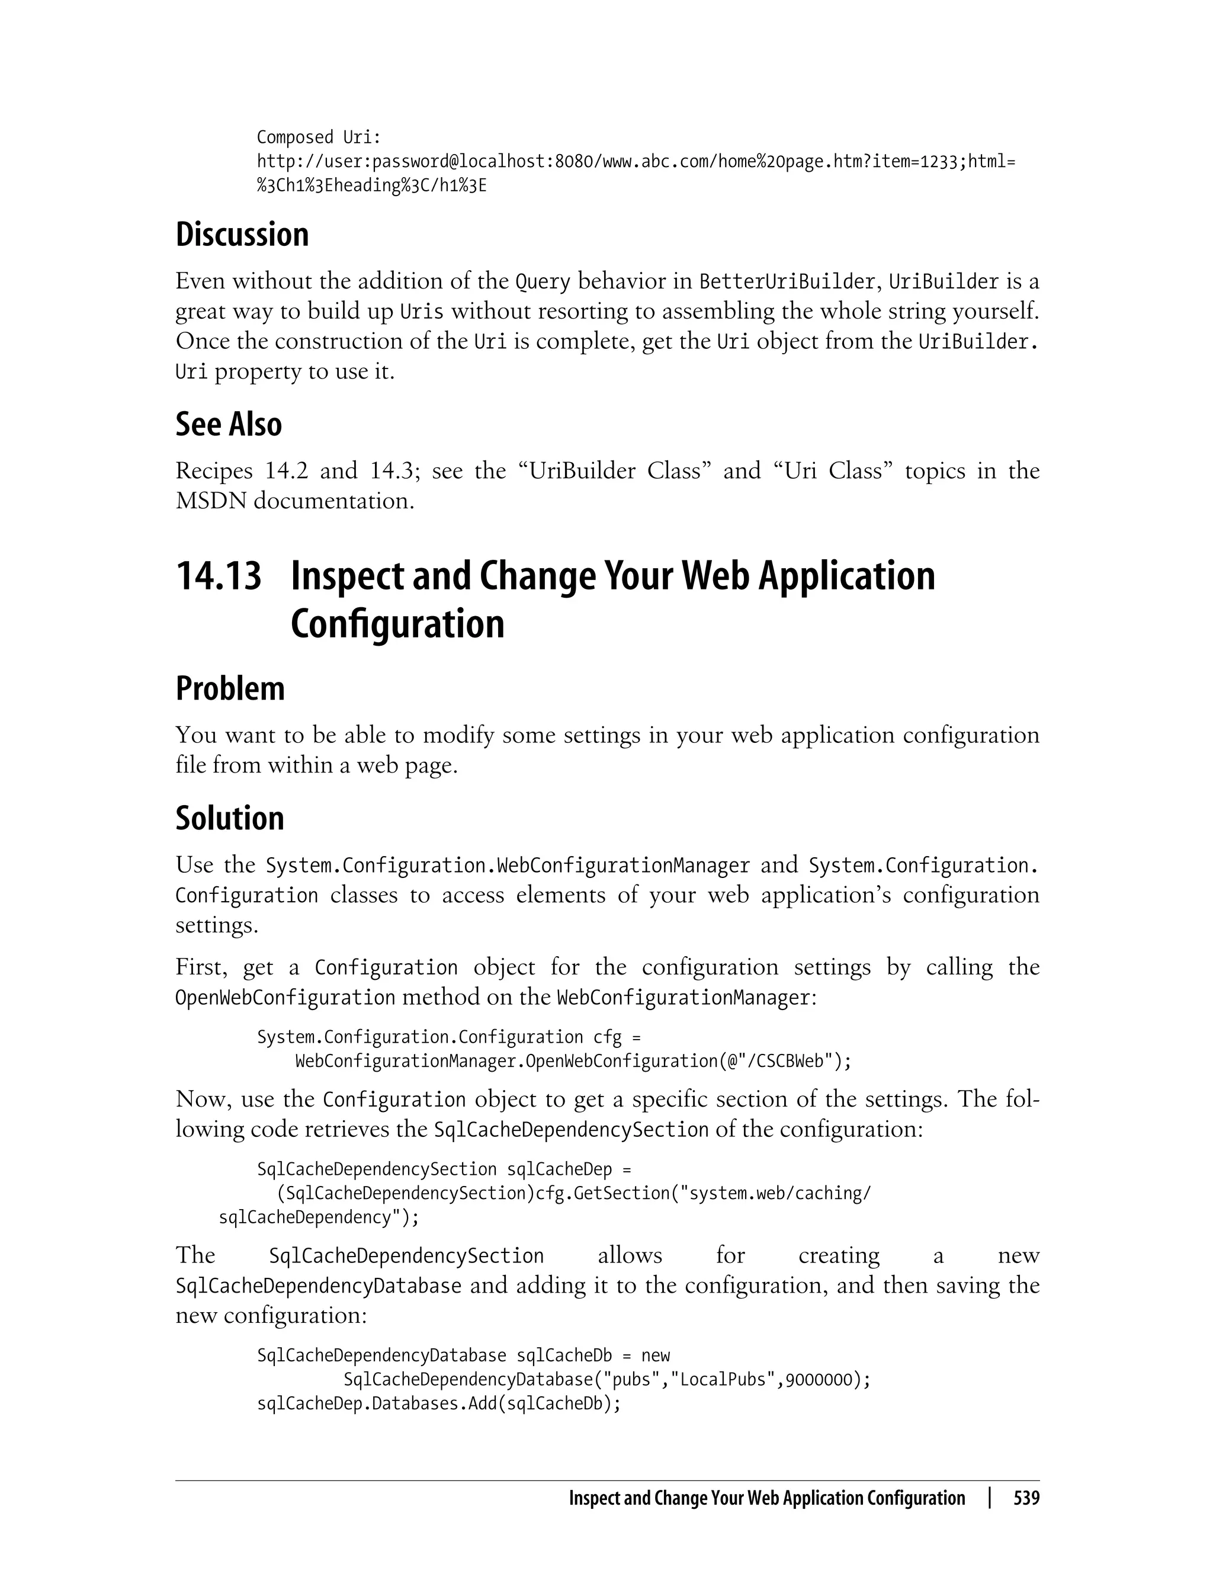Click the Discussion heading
(x=242, y=235)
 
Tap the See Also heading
(x=228, y=424)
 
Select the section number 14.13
(x=219, y=576)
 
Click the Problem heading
(x=230, y=688)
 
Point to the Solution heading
(x=230, y=818)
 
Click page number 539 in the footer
(x=1026, y=1498)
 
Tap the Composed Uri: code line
(x=319, y=137)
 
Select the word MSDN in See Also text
(x=210, y=501)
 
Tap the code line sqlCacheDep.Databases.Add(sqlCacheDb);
(x=438, y=1404)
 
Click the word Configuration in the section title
(x=397, y=624)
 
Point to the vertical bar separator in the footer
(x=990, y=1498)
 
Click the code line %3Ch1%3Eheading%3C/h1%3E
(x=371, y=185)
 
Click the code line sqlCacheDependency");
(x=319, y=1217)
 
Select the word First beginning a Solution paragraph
(x=200, y=967)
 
